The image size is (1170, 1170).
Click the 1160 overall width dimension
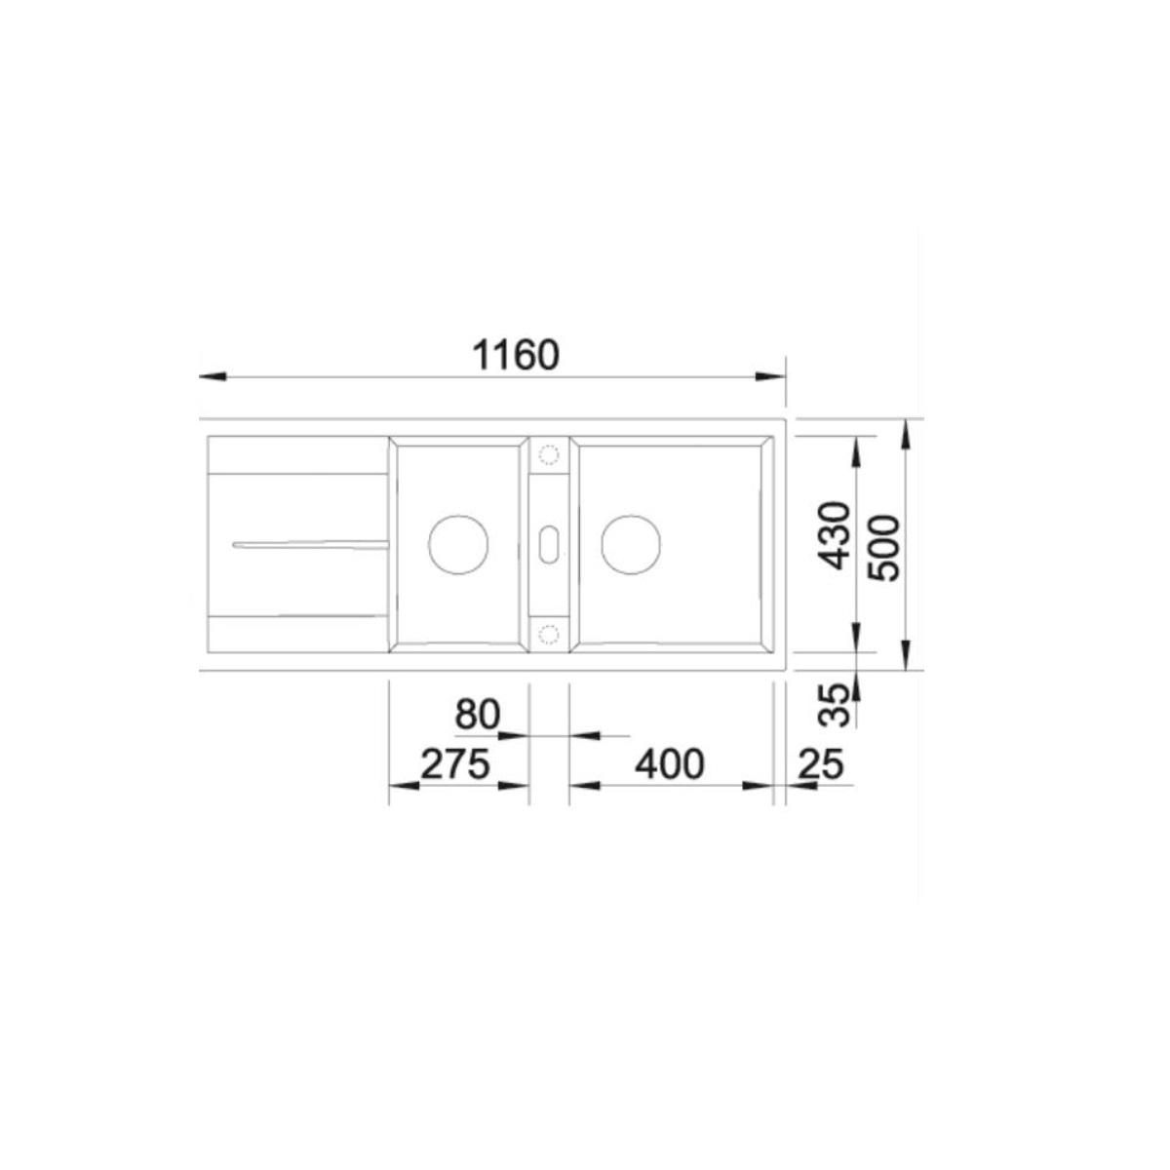(516, 355)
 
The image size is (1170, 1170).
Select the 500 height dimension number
(883, 548)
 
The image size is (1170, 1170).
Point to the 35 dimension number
(832, 705)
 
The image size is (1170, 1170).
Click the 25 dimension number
(822, 764)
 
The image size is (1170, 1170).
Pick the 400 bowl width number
(670, 764)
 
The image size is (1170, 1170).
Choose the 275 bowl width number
(455, 764)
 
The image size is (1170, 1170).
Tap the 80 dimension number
(477, 715)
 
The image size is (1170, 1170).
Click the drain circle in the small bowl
(458, 545)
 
